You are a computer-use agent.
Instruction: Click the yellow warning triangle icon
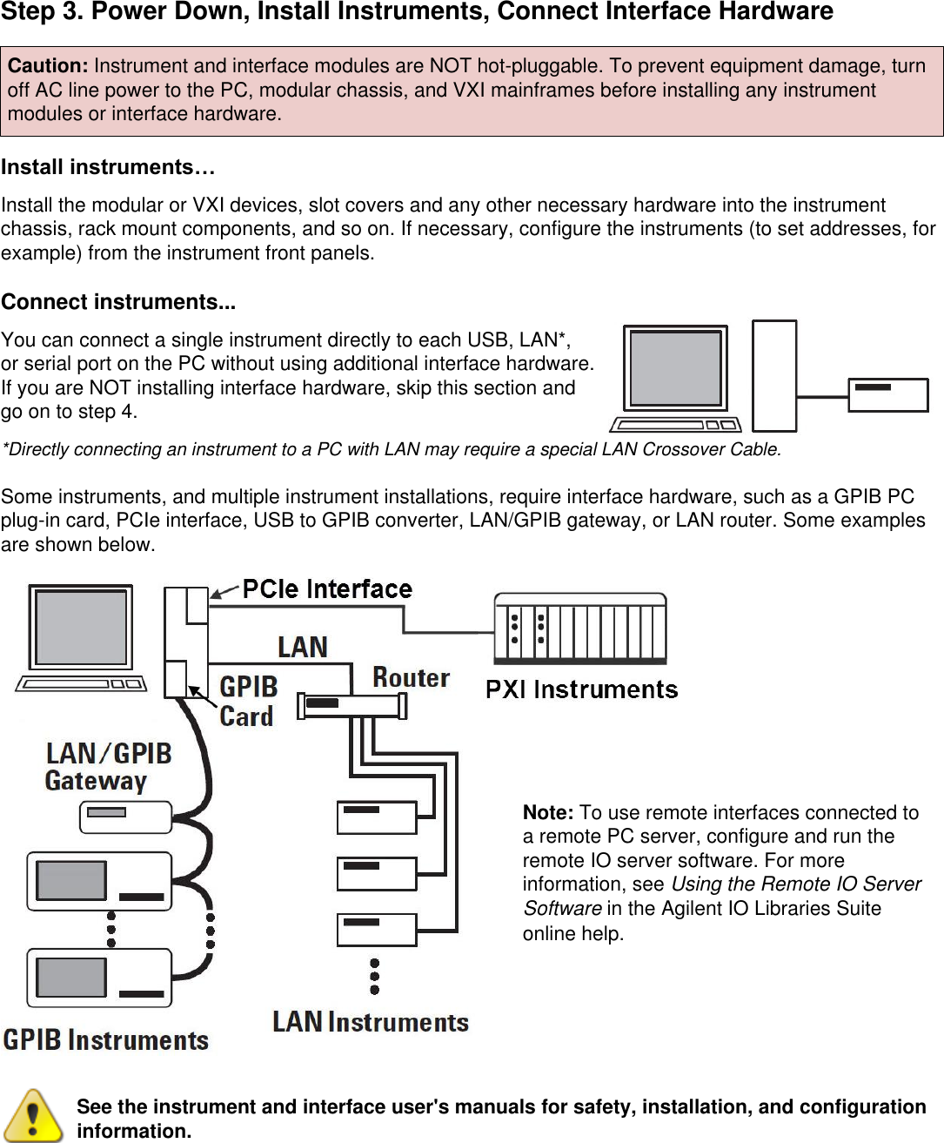point(32,1115)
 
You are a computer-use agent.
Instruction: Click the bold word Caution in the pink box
point(47,66)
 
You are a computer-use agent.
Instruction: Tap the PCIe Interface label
point(327,589)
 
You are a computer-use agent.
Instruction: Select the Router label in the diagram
point(411,677)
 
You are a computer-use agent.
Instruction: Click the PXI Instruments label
point(581,689)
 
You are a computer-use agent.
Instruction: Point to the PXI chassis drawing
point(580,629)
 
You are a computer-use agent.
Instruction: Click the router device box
point(351,705)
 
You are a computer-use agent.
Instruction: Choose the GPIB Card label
point(248,702)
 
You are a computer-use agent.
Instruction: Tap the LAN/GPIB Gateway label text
point(108,766)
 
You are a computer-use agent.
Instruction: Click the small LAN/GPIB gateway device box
point(126,817)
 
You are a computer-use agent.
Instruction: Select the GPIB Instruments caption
point(106,1039)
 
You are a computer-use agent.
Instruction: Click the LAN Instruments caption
point(371,1022)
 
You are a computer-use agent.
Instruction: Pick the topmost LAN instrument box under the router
point(377,817)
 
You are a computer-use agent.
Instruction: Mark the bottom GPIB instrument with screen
point(99,977)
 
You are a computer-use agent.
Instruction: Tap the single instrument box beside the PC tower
point(888,394)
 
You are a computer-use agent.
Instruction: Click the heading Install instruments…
point(108,167)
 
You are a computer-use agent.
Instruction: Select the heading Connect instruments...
point(118,302)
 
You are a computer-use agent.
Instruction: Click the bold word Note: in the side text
point(547,813)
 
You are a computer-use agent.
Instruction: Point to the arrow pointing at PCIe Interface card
point(224,593)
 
